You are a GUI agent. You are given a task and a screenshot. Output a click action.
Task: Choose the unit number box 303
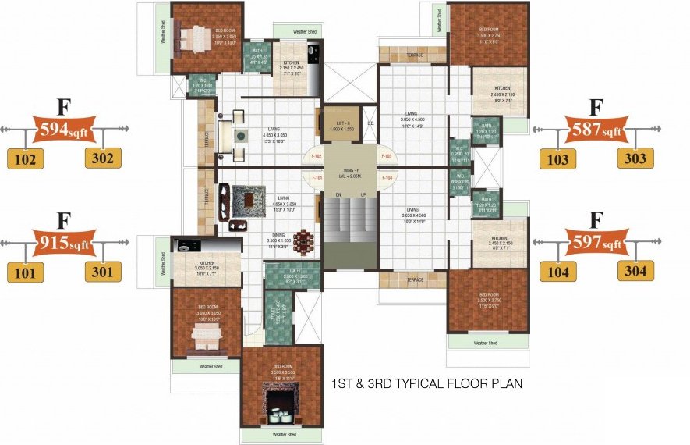[636, 158]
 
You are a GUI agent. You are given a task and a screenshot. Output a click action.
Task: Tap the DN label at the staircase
[338, 194]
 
